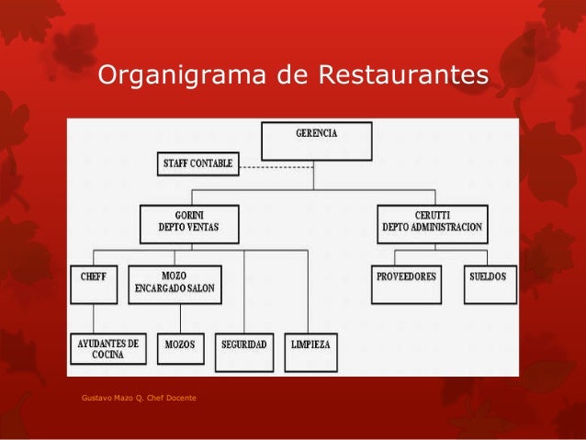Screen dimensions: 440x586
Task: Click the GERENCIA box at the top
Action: (x=317, y=141)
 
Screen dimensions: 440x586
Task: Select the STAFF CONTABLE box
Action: (x=197, y=164)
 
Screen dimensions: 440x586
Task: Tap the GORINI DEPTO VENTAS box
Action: (x=189, y=223)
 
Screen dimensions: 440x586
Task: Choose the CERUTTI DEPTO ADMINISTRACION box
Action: (x=432, y=223)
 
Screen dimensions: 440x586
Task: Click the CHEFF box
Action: (x=93, y=284)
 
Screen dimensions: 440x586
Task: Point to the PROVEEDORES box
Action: (x=407, y=284)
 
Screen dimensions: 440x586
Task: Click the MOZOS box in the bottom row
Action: (x=179, y=349)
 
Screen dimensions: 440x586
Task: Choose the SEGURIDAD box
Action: (x=244, y=349)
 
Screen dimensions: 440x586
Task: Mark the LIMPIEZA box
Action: (x=310, y=349)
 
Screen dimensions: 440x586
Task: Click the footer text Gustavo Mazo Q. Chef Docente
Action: (x=131, y=397)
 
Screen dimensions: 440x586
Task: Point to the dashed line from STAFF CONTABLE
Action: (x=276, y=168)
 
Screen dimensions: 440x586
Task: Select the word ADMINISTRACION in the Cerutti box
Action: (x=447, y=229)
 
